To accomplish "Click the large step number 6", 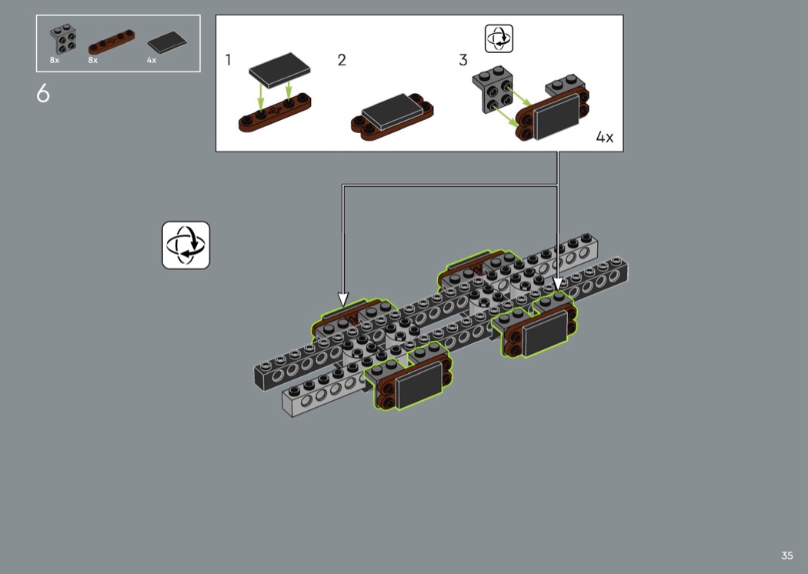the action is point(43,93).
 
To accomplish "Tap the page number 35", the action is point(787,556).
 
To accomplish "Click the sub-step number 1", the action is point(228,60).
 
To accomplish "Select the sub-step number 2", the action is point(342,60).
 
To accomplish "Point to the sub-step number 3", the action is point(462,60).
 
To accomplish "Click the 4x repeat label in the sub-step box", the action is point(604,137).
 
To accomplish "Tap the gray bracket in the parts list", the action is point(63,39).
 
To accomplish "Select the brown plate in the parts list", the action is point(112,42).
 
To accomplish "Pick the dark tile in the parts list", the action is point(167,42).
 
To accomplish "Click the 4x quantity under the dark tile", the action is point(152,60).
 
